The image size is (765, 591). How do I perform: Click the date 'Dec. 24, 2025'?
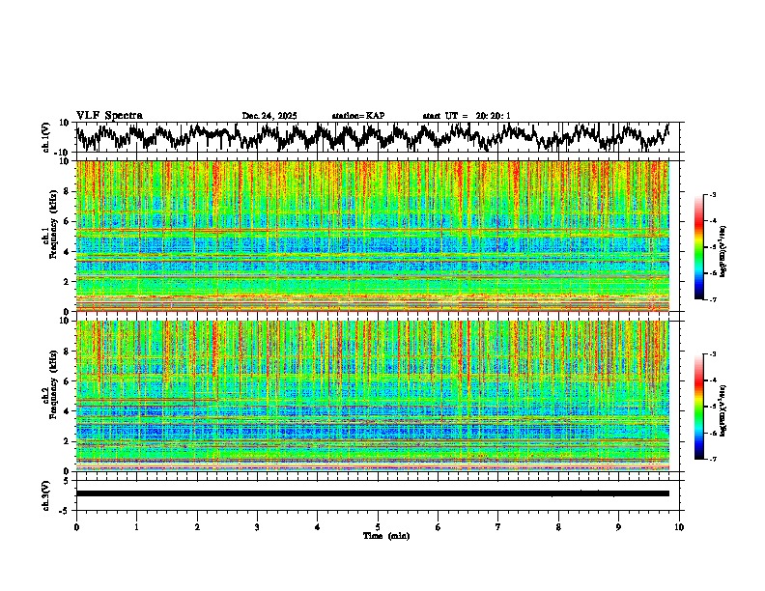(x=269, y=116)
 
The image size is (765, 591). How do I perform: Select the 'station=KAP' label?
(x=357, y=116)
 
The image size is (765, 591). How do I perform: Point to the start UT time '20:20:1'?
(x=493, y=116)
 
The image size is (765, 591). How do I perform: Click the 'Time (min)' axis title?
(x=385, y=535)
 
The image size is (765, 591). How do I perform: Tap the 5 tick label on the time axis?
(x=378, y=526)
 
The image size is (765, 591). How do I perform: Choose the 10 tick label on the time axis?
(x=679, y=526)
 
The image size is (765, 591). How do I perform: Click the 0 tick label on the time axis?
(x=76, y=526)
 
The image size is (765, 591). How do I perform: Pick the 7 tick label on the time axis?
(x=498, y=526)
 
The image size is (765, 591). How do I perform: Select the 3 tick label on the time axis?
(x=257, y=526)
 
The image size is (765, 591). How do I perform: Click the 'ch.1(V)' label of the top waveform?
(x=46, y=137)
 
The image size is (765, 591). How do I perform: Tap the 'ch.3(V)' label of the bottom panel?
(x=46, y=493)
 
